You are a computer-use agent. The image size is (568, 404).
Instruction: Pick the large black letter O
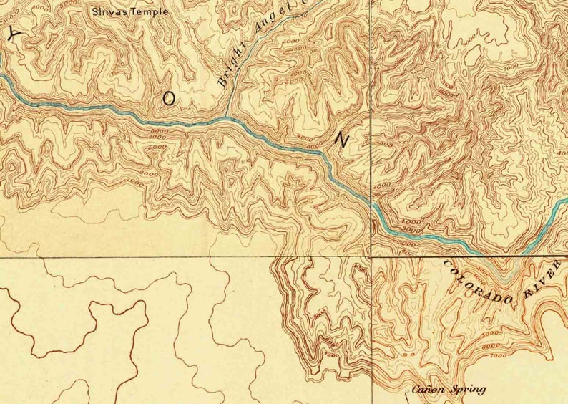point(167,100)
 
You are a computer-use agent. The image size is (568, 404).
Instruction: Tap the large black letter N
point(341,140)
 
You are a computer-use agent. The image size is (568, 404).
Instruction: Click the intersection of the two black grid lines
point(371,256)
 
